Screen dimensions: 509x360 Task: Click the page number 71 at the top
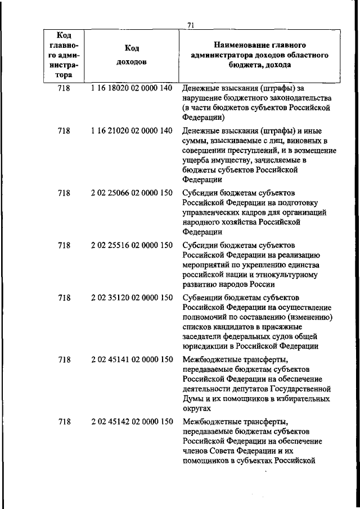(191, 25)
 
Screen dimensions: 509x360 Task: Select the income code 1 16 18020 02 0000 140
(131, 88)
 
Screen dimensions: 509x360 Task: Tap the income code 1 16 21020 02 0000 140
(131, 131)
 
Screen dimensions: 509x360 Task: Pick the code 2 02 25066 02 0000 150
(131, 193)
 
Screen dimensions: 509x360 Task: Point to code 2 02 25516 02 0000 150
(131, 245)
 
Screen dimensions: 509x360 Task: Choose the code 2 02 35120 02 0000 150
(131, 298)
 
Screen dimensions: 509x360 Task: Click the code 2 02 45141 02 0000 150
(131, 359)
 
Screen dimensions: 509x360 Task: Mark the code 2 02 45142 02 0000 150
(131, 421)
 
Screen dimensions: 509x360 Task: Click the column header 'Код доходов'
(131, 55)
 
